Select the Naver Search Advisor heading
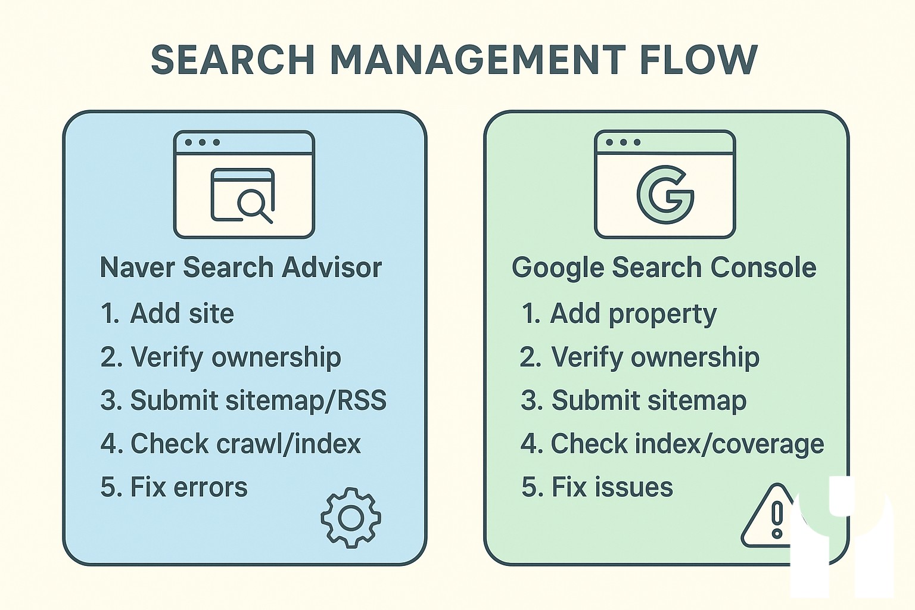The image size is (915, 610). (241, 267)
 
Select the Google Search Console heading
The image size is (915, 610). (664, 267)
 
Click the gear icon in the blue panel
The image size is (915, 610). (351, 518)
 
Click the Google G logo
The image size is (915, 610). (665, 195)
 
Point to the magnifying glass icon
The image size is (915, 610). (253, 204)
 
